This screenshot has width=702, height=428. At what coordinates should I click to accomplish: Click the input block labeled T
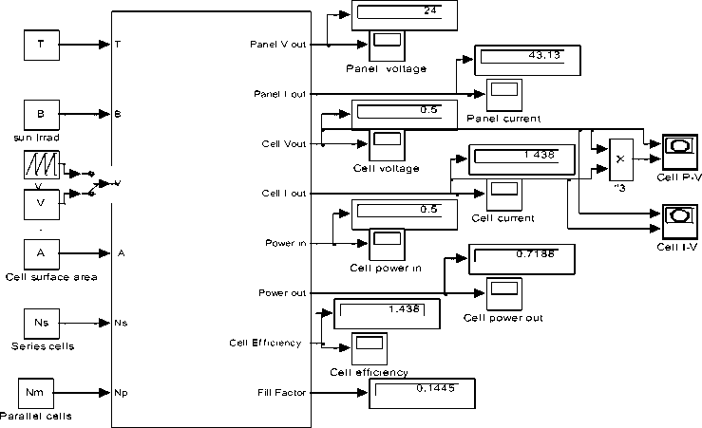click(41, 45)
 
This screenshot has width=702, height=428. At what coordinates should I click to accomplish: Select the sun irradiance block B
click(41, 114)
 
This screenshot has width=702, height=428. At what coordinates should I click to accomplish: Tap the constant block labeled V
click(41, 202)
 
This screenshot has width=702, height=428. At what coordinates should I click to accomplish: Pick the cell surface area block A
click(41, 253)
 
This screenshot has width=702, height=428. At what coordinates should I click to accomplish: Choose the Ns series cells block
click(41, 323)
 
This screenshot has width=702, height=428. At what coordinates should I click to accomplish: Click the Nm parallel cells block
click(41, 392)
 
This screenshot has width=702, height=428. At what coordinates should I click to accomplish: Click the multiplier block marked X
click(620, 158)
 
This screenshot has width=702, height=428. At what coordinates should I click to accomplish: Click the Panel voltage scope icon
click(386, 44)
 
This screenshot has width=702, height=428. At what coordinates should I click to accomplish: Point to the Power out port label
click(281, 292)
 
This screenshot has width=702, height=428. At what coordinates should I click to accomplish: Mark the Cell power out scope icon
click(503, 291)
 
